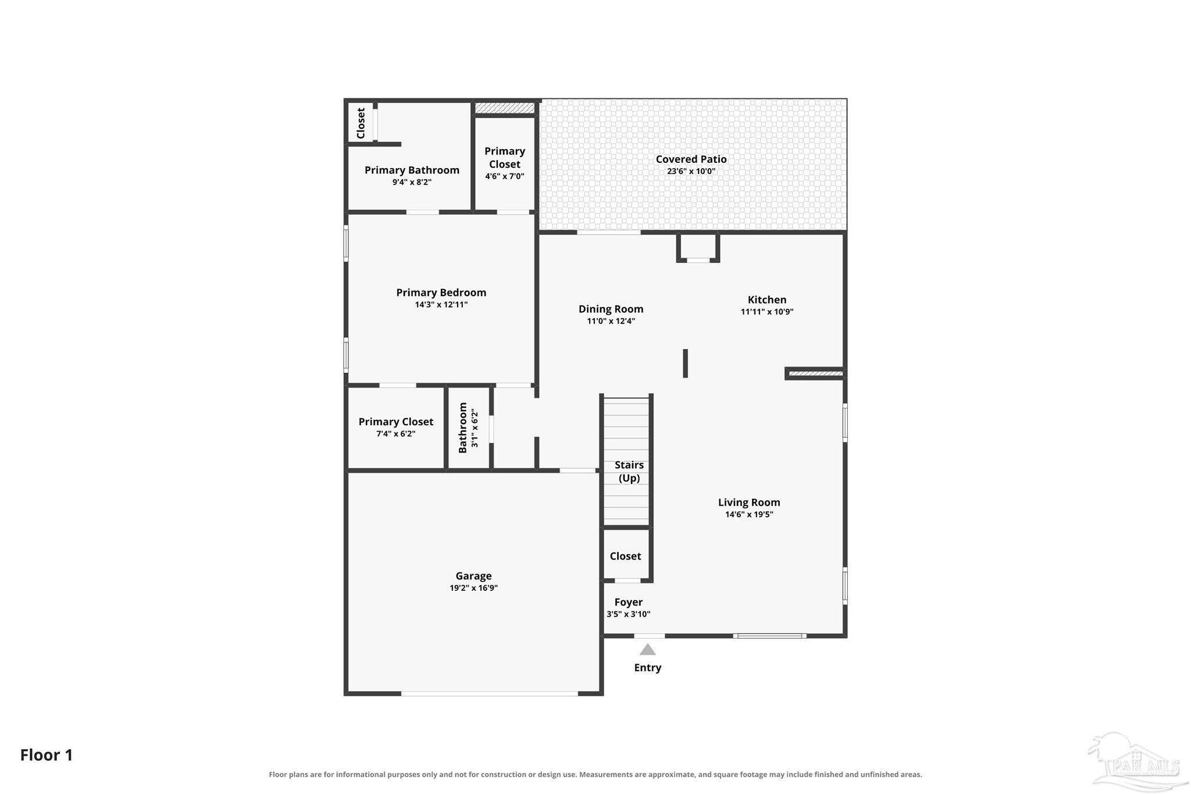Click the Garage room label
[473, 576]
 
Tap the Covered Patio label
[691, 159]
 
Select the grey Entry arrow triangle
[647, 649]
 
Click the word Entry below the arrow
[647, 668]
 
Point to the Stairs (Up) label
[629, 471]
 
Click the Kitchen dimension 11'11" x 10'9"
[767, 312]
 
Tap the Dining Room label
[611, 309]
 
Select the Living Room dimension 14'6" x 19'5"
[749, 514]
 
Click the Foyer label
[629, 602]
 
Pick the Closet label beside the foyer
[625, 556]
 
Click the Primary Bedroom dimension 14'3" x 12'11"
[441, 305]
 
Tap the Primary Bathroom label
[412, 170]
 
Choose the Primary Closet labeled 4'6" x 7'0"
[505, 163]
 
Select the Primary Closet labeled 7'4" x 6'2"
[395, 427]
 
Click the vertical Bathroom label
[463, 428]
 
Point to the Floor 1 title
[47, 755]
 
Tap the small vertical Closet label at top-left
[361, 123]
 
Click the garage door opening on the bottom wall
[490, 693]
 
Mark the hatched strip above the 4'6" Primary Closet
[505, 108]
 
